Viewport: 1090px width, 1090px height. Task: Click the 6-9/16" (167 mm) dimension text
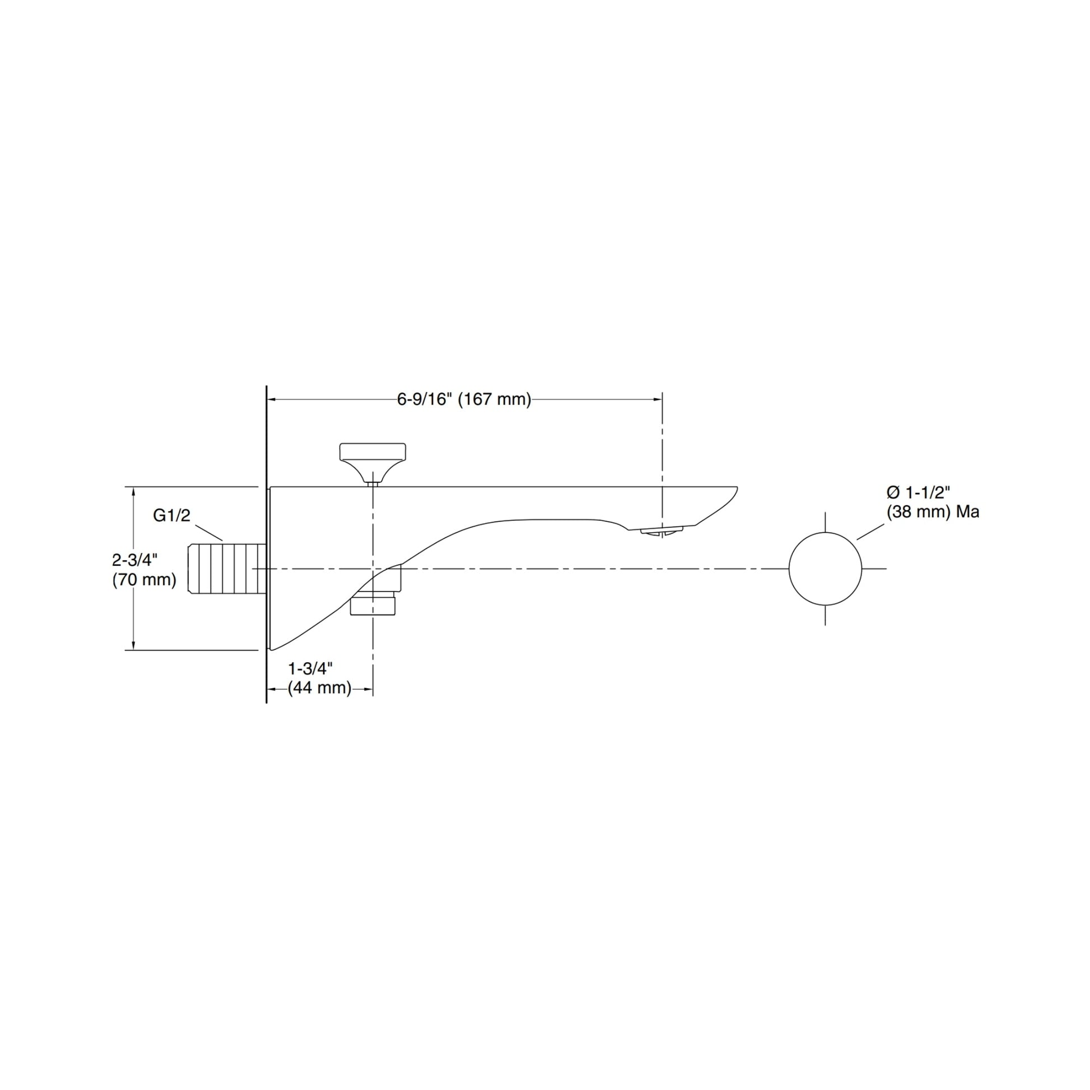point(464,399)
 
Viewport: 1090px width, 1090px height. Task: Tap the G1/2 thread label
point(171,515)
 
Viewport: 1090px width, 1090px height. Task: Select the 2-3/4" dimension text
point(134,560)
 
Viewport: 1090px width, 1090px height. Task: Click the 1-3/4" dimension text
point(310,669)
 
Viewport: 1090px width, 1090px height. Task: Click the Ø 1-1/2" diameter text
point(915,492)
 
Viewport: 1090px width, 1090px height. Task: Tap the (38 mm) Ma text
point(933,512)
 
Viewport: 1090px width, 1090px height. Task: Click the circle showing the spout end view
point(825,569)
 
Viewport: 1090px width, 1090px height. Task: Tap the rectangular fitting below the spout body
point(372,605)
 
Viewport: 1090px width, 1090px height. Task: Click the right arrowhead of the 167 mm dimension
point(657,399)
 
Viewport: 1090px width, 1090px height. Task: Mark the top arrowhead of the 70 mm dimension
point(134,491)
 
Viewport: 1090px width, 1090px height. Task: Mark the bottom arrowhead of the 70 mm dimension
point(134,645)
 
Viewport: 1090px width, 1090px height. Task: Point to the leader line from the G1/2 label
point(209,532)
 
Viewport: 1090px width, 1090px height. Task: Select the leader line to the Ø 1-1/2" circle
point(870,532)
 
